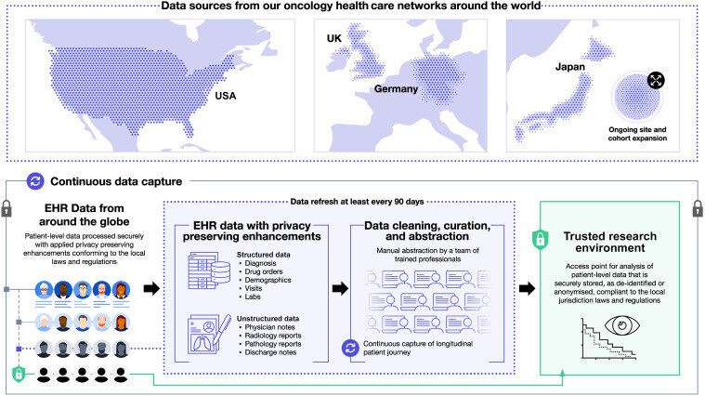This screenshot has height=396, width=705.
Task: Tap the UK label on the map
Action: [334, 38]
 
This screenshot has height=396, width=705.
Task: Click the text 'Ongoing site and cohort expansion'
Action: [635, 137]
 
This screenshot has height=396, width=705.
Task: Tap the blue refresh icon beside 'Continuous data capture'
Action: [33, 181]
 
